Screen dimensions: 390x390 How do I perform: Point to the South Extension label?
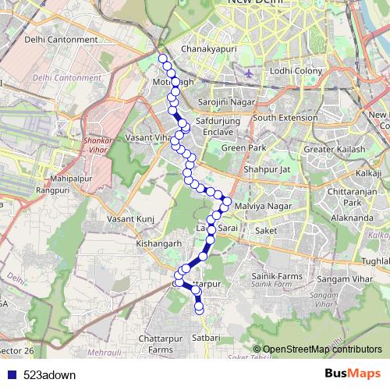pyautogui.click(x=285, y=117)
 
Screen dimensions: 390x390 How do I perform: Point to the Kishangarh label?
pyautogui.click(x=158, y=243)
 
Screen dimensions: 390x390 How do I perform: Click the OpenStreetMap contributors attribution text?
pyautogui.click(x=322, y=349)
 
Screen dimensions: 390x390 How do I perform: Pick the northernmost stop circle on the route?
pyautogui.click(x=162, y=58)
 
